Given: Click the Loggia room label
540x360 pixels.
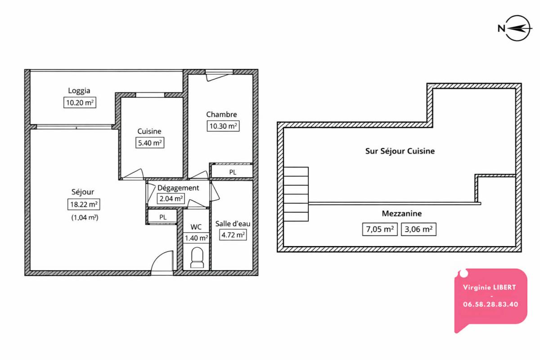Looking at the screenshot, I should pos(79,90).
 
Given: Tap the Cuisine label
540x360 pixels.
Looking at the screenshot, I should pos(149,131).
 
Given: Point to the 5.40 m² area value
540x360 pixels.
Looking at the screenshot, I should pos(149,143).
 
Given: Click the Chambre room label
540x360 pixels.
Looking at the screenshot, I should pos(221,114).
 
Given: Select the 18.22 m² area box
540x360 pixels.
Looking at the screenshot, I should pos(83,205).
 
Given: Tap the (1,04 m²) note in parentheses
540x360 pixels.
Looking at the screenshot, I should pos(85,217).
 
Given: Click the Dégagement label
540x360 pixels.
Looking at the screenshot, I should pos(178,188).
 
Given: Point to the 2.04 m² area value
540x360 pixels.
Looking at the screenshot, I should pos(171,198).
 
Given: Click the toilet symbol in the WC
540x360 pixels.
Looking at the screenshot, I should pos(197,258).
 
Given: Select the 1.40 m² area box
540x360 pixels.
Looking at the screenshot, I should pos(196,238).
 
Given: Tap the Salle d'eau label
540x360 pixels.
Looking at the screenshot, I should pos(233,223).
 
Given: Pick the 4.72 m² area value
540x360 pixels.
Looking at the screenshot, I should pos(233,234).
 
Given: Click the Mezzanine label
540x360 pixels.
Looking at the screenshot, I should pos(402,214).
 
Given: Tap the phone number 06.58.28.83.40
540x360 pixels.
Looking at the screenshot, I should pos(490,304).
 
